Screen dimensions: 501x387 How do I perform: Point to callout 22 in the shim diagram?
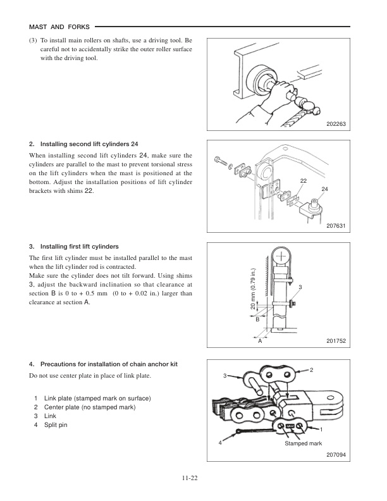[x=304, y=181]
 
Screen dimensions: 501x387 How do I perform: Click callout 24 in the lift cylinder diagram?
[x=324, y=190]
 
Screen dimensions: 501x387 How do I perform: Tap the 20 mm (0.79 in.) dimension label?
[x=254, y=288]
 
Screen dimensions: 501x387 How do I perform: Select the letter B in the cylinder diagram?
[x=257, y=320]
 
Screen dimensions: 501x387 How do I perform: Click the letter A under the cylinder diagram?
[x=260, y=342]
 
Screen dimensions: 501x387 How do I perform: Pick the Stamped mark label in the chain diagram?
[x=304, y=444]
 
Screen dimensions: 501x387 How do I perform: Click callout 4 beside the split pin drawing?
[x=220, y=443]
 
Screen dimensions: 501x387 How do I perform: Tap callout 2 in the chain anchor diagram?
[x=311, y=369]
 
